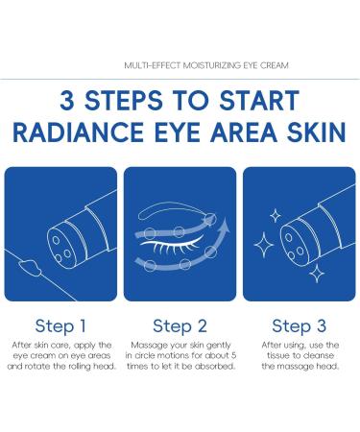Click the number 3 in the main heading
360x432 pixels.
point(68,102)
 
